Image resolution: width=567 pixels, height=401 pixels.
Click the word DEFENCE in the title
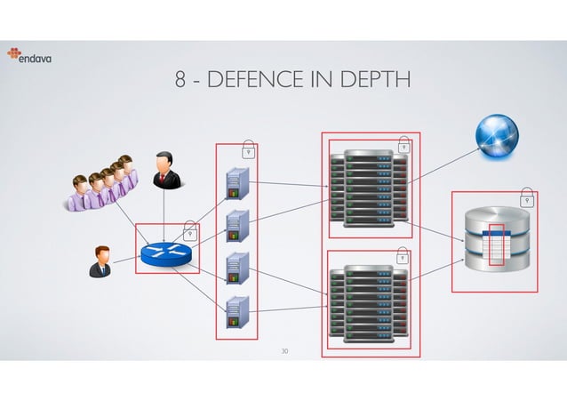[x=245, y=82]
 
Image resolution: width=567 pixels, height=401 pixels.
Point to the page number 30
[x=283, y=352]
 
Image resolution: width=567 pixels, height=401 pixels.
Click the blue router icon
[x=165, y=253]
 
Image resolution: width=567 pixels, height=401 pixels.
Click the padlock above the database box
[x=527, y=196]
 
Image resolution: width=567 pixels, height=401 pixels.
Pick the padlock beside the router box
[x=189, y=233]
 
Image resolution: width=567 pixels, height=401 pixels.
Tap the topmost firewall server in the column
[x=236, y=182]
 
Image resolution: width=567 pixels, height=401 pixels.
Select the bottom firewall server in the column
[x=236, y=309]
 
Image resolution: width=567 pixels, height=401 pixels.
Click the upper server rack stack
[x=366, y=188]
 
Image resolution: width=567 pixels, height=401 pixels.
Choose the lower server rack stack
[x=366, y=303]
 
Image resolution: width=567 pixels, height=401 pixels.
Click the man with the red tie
[x=164, y=170]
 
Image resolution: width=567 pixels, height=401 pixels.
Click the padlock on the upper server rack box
[x=403, y=145]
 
